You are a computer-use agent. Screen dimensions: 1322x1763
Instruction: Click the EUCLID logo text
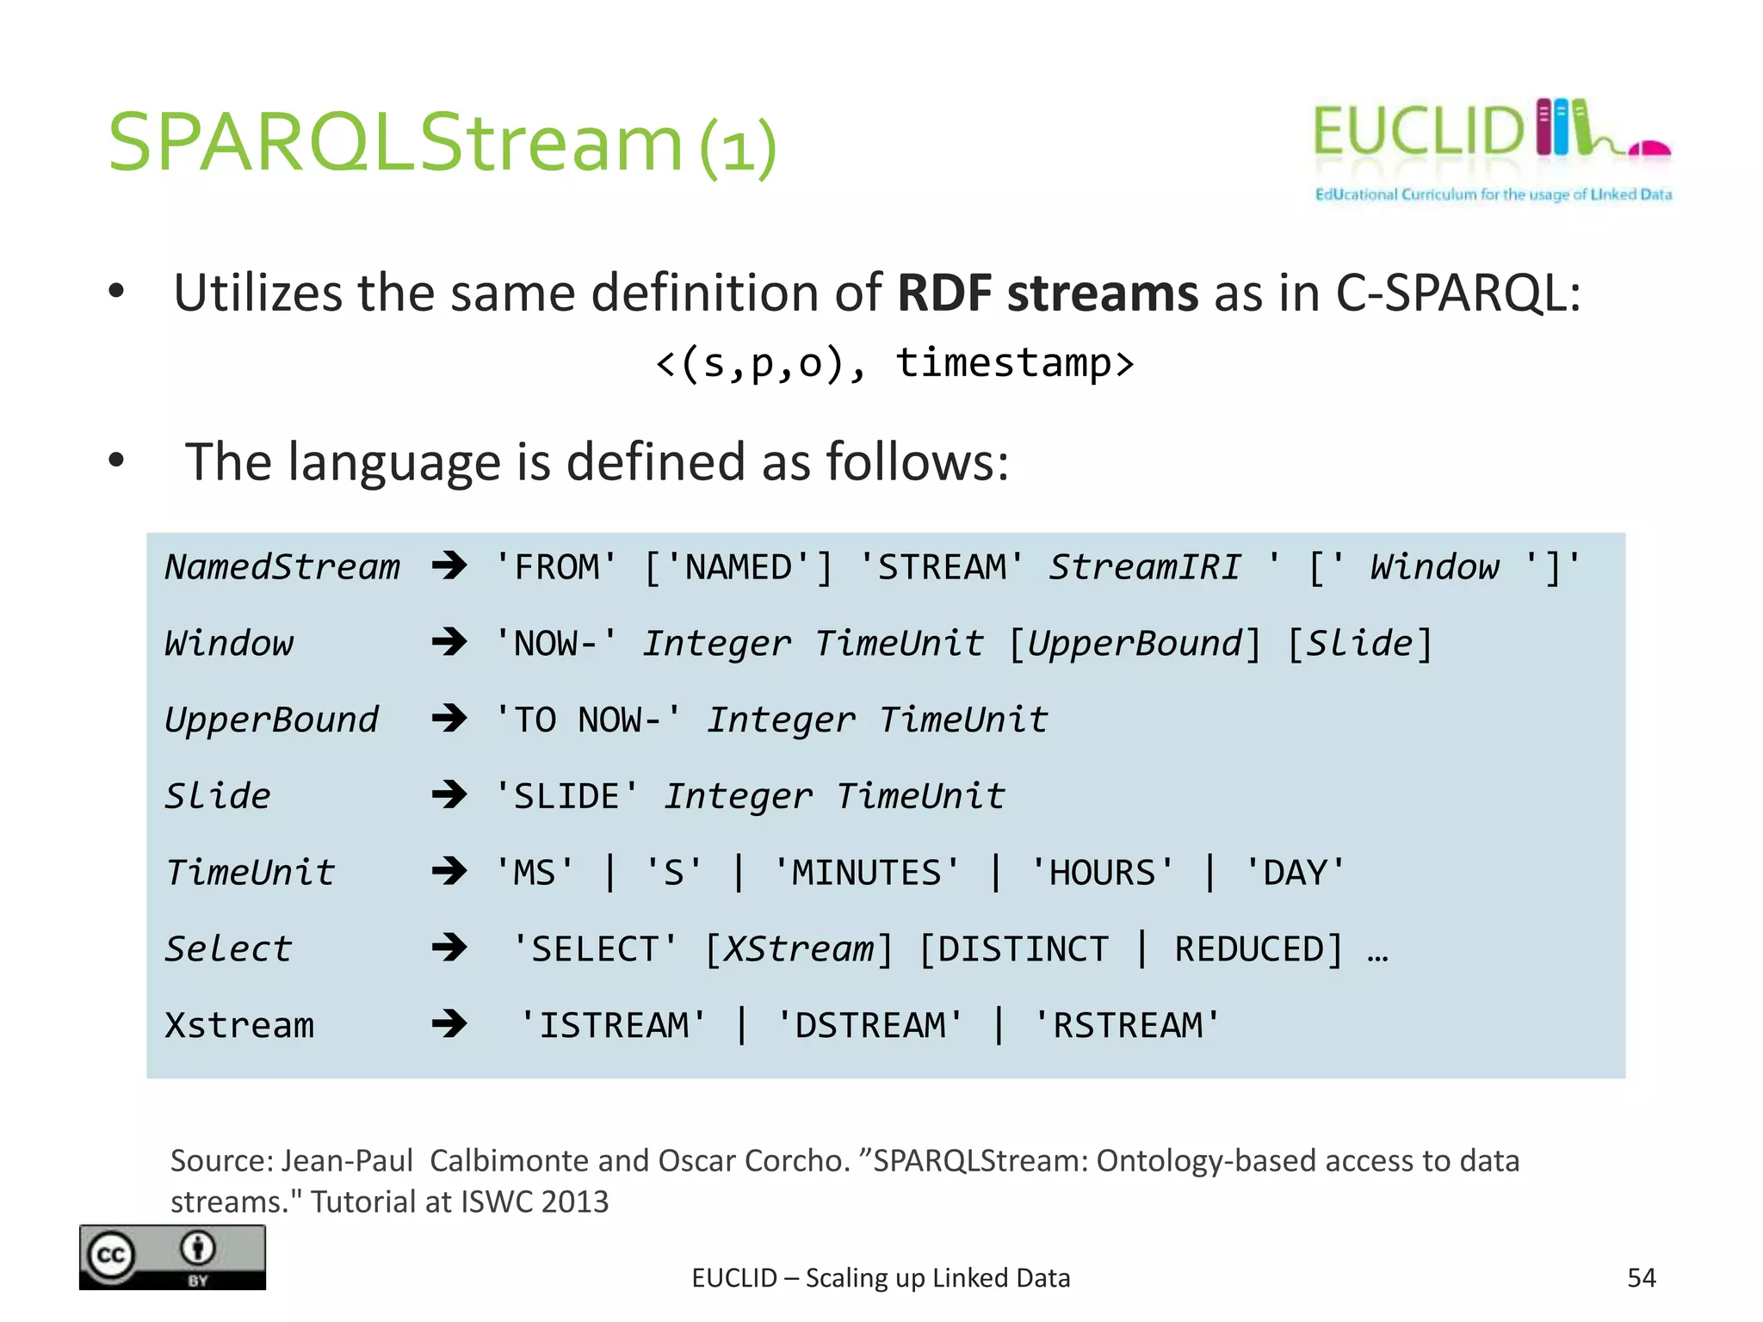[1418, 132]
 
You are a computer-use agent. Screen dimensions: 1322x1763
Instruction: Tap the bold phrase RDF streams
[1047, 293]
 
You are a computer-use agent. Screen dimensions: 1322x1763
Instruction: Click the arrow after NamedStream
[449, 566]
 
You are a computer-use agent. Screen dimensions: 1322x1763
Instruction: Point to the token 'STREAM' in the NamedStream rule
[941, 567]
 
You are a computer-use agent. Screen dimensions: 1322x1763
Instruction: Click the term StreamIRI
[1144, 567]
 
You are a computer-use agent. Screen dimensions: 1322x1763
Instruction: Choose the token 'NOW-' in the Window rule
[556, 644]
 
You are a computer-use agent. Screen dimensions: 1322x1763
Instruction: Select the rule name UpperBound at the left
[271, 720]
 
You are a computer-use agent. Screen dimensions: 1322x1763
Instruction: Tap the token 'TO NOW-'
[588, 720]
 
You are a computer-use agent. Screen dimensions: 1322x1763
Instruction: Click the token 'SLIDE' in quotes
[566, 796]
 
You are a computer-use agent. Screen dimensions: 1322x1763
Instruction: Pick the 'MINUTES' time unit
[866, 873]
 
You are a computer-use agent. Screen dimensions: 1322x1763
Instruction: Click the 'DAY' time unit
[1294, 873]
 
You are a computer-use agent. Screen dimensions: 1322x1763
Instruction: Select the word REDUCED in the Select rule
[1248, 949]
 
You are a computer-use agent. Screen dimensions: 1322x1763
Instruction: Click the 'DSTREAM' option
[869, 1025]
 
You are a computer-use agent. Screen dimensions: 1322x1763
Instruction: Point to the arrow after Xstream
[449, 1024]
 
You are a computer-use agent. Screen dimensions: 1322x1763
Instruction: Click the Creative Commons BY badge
[172, 1257]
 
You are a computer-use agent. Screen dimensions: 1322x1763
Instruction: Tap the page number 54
[1641, 1277]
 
